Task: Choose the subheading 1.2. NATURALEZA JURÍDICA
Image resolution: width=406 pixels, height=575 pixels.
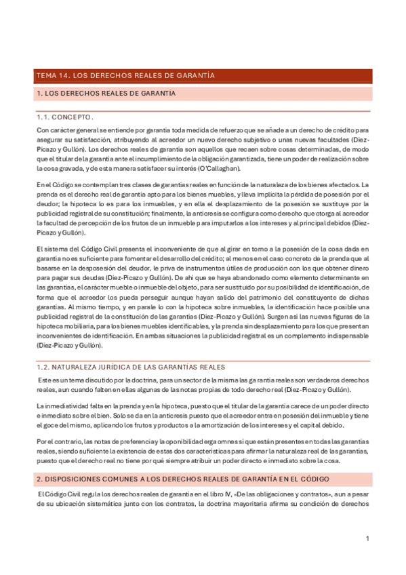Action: click(131, 367)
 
